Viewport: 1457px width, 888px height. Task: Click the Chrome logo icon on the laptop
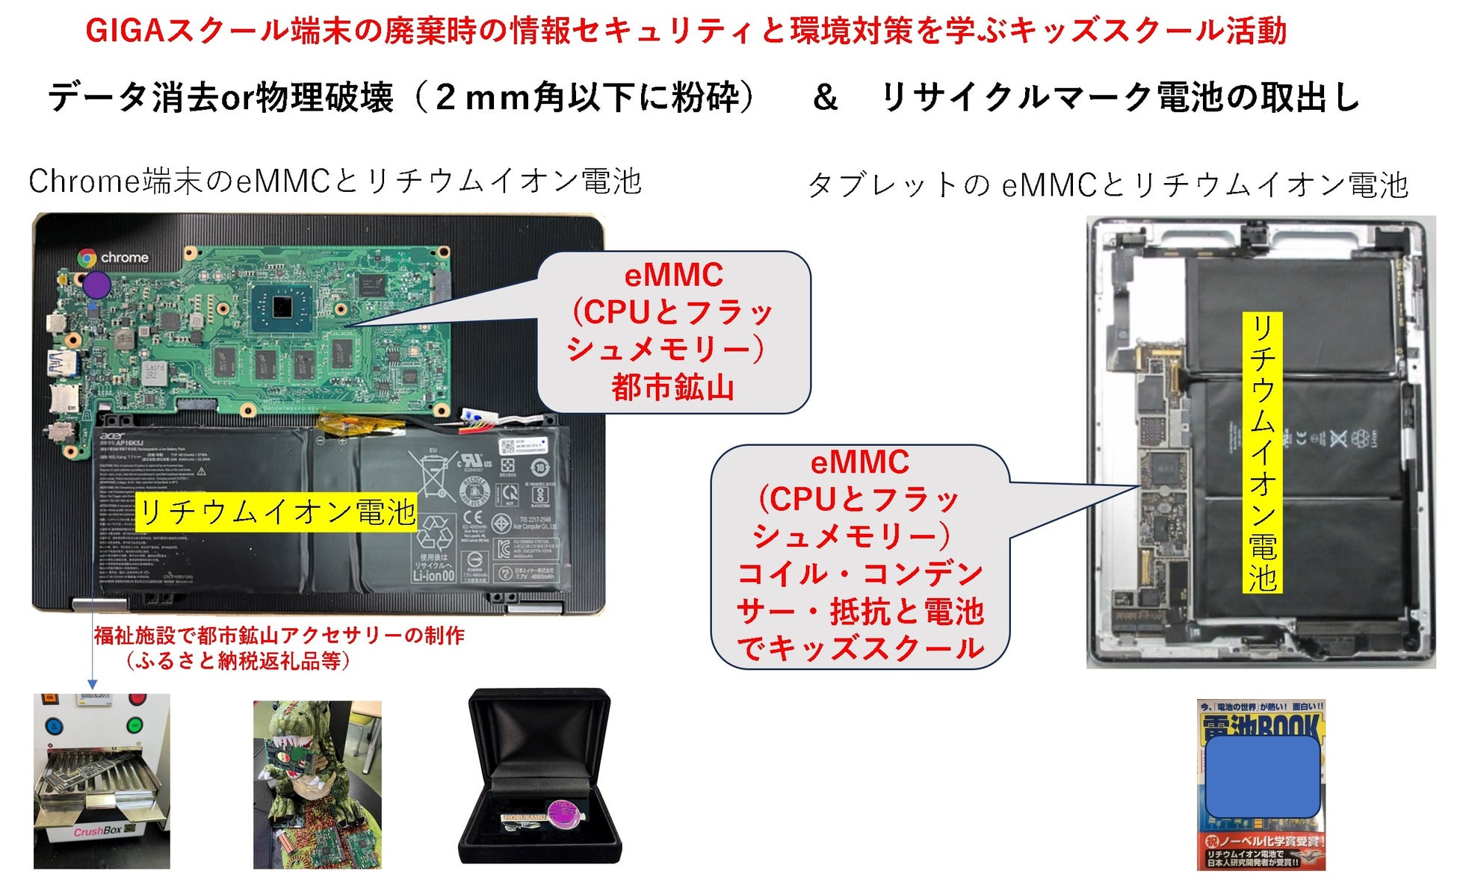87,258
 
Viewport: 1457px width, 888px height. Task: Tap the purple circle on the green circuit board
96,285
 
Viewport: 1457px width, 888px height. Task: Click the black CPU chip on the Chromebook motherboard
282,306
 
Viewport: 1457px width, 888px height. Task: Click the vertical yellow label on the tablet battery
1262,453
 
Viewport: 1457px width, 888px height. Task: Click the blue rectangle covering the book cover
1262,777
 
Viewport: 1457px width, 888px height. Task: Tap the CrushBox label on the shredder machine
98,830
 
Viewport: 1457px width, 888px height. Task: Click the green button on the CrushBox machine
134,724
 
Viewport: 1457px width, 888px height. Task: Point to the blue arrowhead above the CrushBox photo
92,684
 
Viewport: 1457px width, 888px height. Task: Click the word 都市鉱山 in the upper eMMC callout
672,388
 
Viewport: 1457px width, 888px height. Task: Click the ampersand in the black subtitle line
825,98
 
